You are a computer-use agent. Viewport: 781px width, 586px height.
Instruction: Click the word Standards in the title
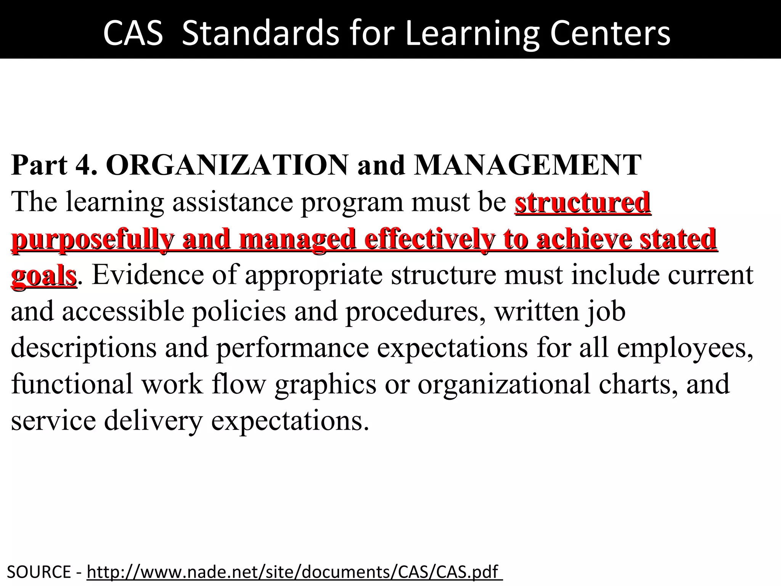260,34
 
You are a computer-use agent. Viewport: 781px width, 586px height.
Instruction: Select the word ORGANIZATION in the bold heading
227,165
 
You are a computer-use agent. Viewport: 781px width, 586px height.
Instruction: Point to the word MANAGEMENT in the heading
528,165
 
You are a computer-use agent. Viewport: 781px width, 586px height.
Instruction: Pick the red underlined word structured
582,202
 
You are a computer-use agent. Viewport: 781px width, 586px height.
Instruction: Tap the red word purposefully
92,239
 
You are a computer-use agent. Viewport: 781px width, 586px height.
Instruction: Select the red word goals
44,275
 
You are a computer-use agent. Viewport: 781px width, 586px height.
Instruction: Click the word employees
685,348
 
